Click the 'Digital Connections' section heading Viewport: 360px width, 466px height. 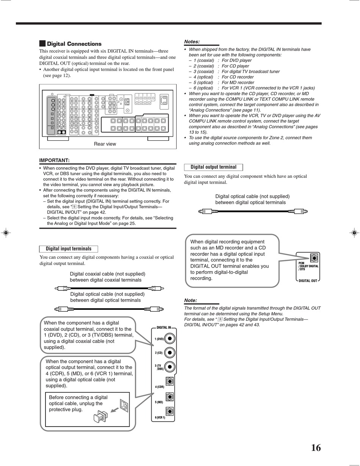[74, 44]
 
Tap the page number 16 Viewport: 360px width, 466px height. [316, 448]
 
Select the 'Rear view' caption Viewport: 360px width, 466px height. [105, 144]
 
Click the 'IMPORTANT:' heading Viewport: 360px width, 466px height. [55, 160]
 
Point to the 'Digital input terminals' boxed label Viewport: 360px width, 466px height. [69, 249]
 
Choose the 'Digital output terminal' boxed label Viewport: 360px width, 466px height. [213, 167]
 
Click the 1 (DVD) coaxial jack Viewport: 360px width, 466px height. [170, 339]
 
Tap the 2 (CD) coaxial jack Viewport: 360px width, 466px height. [170, 353]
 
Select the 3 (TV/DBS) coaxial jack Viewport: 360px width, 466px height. [170, 367]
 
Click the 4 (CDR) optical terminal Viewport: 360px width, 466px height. [170, 382]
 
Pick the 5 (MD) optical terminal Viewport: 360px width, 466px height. [170, 397]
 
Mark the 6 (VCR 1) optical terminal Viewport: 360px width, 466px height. [170, 411]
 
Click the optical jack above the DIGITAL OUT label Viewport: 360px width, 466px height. [313, 258]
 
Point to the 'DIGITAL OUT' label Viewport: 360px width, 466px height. [308, 281]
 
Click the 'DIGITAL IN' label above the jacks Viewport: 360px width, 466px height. [164, 327]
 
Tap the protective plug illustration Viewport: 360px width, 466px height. [100, 417]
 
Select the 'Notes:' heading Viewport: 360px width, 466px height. [192, 42]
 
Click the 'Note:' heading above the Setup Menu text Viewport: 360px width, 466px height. [191, 300]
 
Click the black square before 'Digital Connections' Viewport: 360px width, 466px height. [42, 44]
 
